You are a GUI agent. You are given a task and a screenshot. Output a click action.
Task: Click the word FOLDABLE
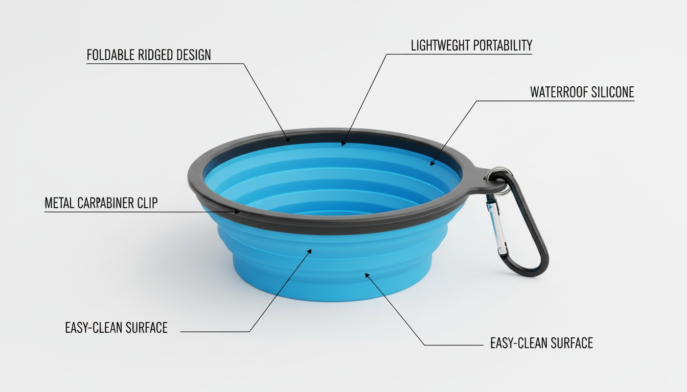pos(111,55)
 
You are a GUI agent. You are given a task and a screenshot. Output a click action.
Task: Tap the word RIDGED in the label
pos(155,55)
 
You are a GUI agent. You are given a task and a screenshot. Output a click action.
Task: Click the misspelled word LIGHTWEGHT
pos(440,45)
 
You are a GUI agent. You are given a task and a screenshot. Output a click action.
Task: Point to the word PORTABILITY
pos(502,45)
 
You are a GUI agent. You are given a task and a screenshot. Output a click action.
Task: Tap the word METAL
pos(59,203)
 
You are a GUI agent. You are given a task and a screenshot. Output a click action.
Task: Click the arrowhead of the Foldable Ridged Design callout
pos(287,139)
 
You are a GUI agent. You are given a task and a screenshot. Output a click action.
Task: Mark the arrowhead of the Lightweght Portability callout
pos(343,143)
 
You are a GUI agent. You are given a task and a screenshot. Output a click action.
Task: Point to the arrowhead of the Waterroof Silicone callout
pos(432,163)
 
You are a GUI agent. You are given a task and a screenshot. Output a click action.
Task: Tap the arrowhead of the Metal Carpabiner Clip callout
pos(237,212)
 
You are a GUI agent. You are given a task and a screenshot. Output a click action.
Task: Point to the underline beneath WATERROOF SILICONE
pos(555,101)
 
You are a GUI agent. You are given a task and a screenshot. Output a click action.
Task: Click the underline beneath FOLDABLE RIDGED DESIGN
pos(165,64)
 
